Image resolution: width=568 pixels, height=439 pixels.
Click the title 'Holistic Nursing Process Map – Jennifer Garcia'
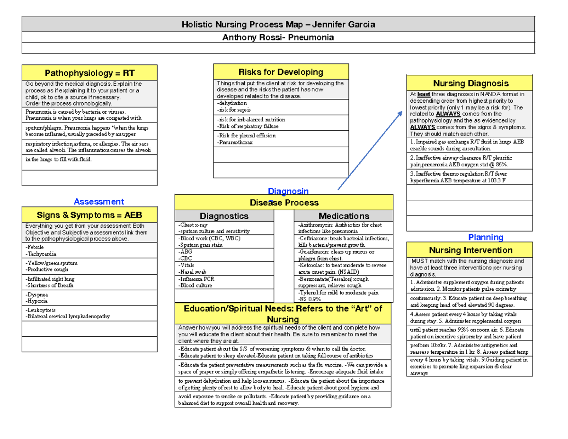pyautogui.click(x=279, y=25)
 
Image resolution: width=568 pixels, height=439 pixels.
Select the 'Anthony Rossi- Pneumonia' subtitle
pyautogui.click(x=279, y=37)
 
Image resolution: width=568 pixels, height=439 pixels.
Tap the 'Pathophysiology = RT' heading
pyautogui.click(x=89, y=73)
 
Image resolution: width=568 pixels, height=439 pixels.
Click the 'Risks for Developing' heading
pyautogui.click(x=281, y=72)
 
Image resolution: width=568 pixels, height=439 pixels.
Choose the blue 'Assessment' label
pyautogui.click(x=99, y=202)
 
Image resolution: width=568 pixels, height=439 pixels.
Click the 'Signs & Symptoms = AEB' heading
pyautogui.click(x=89, y=215)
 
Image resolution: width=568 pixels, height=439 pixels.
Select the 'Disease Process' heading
pyautogui.click(x=284, y=203)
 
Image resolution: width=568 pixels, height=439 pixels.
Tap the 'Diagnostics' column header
pyautogui.click(x=224, y=216)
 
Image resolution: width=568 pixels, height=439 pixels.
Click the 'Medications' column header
pyautogui.click(x=344, y=216)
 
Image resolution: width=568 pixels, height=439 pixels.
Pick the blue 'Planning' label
pyautogui.click(x=485, y=237)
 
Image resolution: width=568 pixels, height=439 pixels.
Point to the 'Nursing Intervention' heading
pyautogui.click(x=470, y=250)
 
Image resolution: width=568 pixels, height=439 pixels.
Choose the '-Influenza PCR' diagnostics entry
pyautogui.click(x=196, y=279)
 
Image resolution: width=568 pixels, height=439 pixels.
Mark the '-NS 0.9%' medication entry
pyautogui.click(x=311, y=299)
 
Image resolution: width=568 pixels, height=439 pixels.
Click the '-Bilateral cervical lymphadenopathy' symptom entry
pyautogui.click(x=68, y=316)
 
